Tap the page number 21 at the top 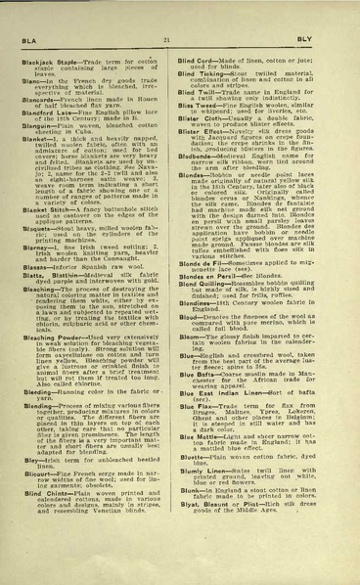(179, 35)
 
